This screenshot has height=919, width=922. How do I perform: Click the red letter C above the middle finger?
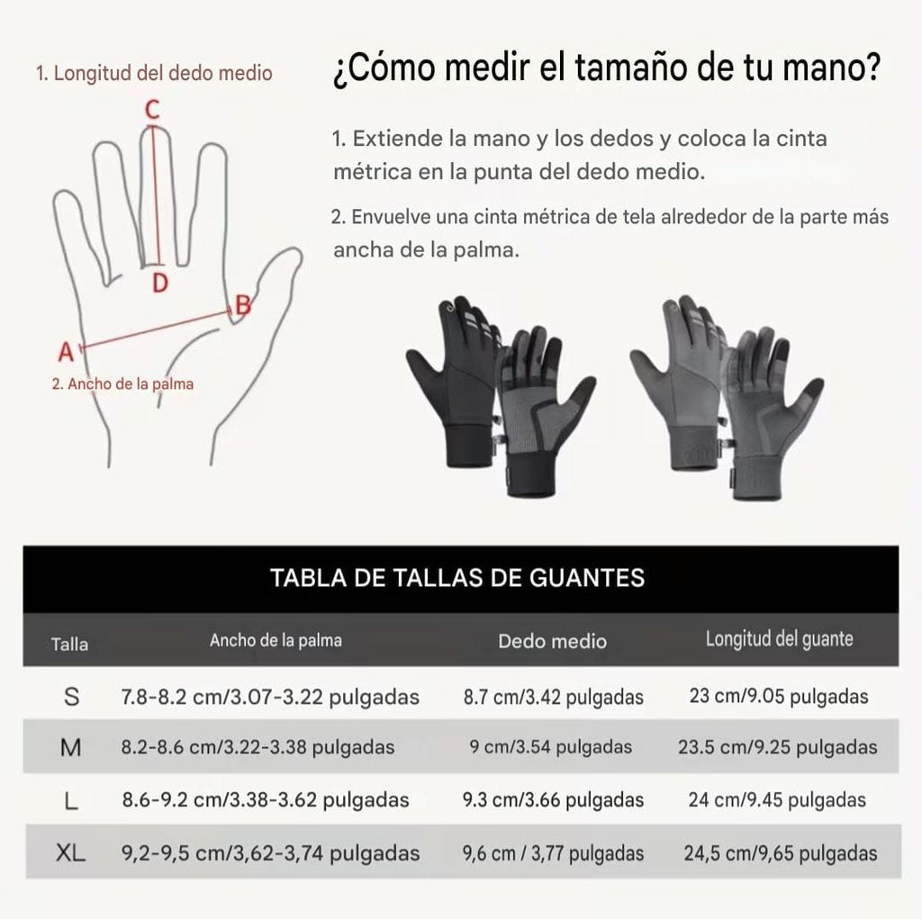click(153, 110)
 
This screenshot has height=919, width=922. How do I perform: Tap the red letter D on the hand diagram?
click(159, 284)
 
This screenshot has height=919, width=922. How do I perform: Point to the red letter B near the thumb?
click(241, 305)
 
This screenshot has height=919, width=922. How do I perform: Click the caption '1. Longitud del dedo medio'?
click(154, 73)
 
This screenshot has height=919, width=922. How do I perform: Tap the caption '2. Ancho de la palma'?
click(122, 383)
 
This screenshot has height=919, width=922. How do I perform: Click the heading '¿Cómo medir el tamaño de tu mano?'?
click(606, 69)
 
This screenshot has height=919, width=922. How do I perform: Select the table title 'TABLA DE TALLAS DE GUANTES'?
click(458, 577)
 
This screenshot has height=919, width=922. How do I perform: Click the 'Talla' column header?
click(69, 644)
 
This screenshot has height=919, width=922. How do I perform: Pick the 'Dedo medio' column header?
click(553, 641)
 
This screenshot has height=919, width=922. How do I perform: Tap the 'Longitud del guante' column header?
click(779, 639)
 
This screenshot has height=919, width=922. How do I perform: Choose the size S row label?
click(73, 696)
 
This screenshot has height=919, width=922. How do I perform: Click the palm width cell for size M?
click(258, 747)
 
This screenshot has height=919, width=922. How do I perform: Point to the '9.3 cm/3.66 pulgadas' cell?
click(553, 799)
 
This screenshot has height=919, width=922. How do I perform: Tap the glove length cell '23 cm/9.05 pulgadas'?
click(778, 696)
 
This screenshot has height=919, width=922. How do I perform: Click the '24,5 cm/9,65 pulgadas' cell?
click(778, 853)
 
